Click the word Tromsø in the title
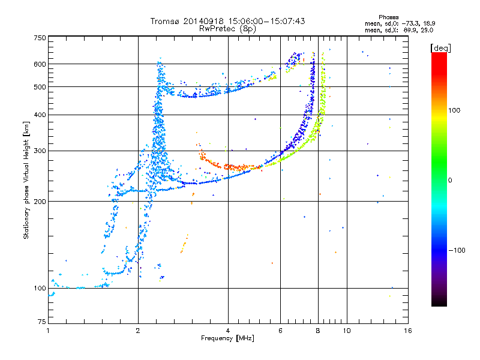[166, 21]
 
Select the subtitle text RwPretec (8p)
[227, 29]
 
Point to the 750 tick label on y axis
[40, 38]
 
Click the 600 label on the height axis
[40, 64]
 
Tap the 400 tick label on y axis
[40, 115]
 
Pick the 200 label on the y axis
[40, 202]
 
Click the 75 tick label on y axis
[42, 322]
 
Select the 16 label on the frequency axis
[408, 331]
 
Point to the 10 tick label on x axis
[347, 331]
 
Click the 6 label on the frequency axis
[280, 331]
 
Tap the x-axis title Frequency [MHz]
[227, 338]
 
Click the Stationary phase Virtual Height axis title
[26, 181]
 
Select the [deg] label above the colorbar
[440, 48]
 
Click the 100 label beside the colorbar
[454, 110]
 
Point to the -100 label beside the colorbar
[457, 250]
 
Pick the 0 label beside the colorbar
[450, 181]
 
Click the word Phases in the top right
[388, 17]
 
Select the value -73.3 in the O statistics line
[410, 23]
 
